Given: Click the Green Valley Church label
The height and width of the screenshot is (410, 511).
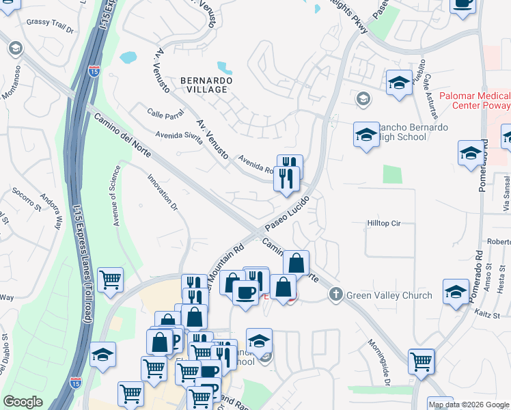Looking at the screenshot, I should tap(389, 295).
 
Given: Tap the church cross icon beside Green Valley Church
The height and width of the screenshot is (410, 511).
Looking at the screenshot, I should tap(335, 295).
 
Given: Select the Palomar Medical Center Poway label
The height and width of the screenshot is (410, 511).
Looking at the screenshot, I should tap(474, 100).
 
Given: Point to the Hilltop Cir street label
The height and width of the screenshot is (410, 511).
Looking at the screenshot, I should tap(383, 223).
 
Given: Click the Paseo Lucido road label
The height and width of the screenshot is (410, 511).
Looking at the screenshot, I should tap(287, 213).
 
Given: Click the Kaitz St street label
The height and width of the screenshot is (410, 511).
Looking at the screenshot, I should tap(487, 312).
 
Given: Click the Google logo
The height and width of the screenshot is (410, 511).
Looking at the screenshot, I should tap(23, 402).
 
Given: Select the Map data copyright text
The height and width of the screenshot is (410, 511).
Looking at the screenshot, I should tap(469, 405).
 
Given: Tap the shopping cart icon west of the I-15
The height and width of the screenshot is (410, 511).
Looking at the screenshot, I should tap(109, 279).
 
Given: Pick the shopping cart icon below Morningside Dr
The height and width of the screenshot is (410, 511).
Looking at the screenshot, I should tap(422, 361).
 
